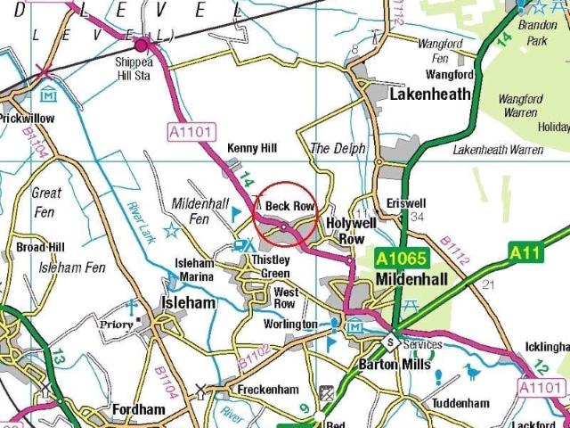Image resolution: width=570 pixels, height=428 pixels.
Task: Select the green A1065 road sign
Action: pos(403,259)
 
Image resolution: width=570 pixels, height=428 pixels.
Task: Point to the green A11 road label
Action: pos(526,253)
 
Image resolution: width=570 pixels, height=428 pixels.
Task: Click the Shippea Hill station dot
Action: pos(141,44)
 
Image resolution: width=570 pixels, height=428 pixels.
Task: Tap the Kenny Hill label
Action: pos(252,148)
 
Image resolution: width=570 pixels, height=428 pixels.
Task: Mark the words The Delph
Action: pos(338,148)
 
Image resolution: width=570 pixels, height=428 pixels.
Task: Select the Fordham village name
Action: pos(138,410)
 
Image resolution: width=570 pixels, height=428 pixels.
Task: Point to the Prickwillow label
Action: pos(27,118)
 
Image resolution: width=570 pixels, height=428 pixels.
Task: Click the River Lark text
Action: pos(142,224)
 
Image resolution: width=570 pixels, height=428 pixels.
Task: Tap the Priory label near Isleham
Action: pos(117,325)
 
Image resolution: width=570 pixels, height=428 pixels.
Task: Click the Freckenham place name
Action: pos(268,391)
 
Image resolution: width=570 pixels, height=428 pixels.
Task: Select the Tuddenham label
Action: pos(460,403)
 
